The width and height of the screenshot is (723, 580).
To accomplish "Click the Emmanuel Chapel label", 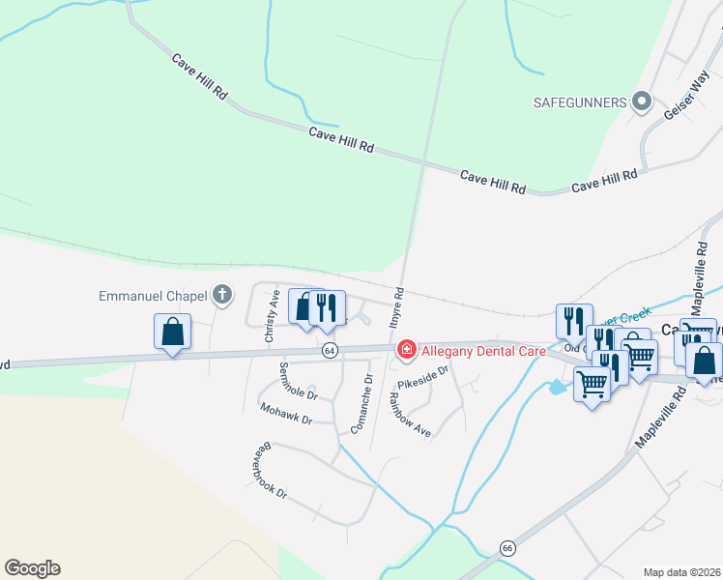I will coord(154,295).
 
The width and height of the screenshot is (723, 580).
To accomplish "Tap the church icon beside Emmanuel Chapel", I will coord(222,295).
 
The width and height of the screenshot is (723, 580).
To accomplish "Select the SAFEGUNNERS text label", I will coord(580,101).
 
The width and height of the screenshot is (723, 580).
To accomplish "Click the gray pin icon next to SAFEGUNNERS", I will coord(641,101).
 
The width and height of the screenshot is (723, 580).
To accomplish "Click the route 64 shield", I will coord(331,350).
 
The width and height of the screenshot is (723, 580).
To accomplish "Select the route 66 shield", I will coord(506,548).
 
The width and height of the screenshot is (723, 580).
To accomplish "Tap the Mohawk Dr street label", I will coord(286,414).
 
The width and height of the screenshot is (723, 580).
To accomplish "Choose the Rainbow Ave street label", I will coord(409,413).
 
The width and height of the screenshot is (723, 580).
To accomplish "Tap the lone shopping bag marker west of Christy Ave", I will coord(172,333).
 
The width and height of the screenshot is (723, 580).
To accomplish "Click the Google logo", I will coord(32,568).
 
